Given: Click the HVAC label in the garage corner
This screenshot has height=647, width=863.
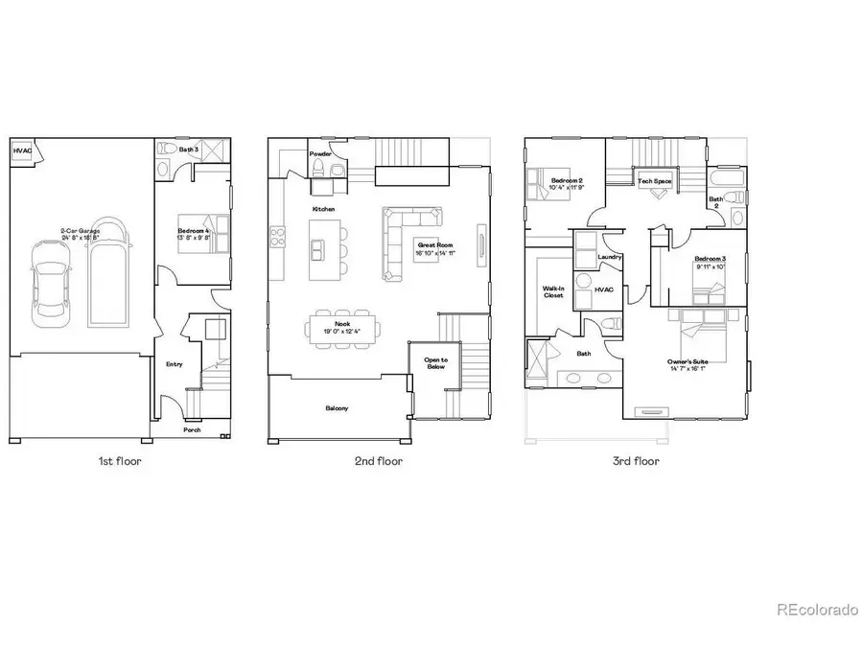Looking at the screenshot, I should click(21, 151).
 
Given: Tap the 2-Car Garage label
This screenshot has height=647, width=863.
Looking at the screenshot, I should click(81, 232).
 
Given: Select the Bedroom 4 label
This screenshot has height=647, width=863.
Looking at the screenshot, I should click(194, 232).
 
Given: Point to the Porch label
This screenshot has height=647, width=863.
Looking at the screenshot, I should click(193, 430).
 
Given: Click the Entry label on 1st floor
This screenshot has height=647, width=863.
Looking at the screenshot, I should click(175, 364).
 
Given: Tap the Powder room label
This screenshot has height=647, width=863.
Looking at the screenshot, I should click(320, 153).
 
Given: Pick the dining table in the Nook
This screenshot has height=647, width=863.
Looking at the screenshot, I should click(342, 329).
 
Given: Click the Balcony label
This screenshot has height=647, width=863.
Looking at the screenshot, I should click(337, 408).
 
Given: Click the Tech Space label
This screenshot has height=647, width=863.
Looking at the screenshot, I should click(655, 181).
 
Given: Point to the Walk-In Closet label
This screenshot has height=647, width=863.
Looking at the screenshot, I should click(553, 290).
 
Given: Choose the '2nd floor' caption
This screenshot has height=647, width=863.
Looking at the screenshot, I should click(380, 461).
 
